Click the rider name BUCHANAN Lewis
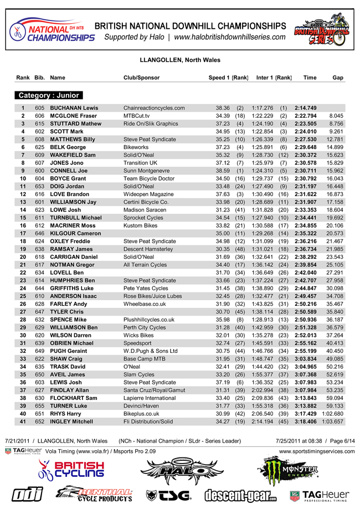(x=74, y=107)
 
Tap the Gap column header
(x=338, y=78)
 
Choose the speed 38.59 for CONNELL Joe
(x=223, y=171)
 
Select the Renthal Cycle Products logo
(x=96, y=494)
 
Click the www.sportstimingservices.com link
(x=317, y=451)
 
